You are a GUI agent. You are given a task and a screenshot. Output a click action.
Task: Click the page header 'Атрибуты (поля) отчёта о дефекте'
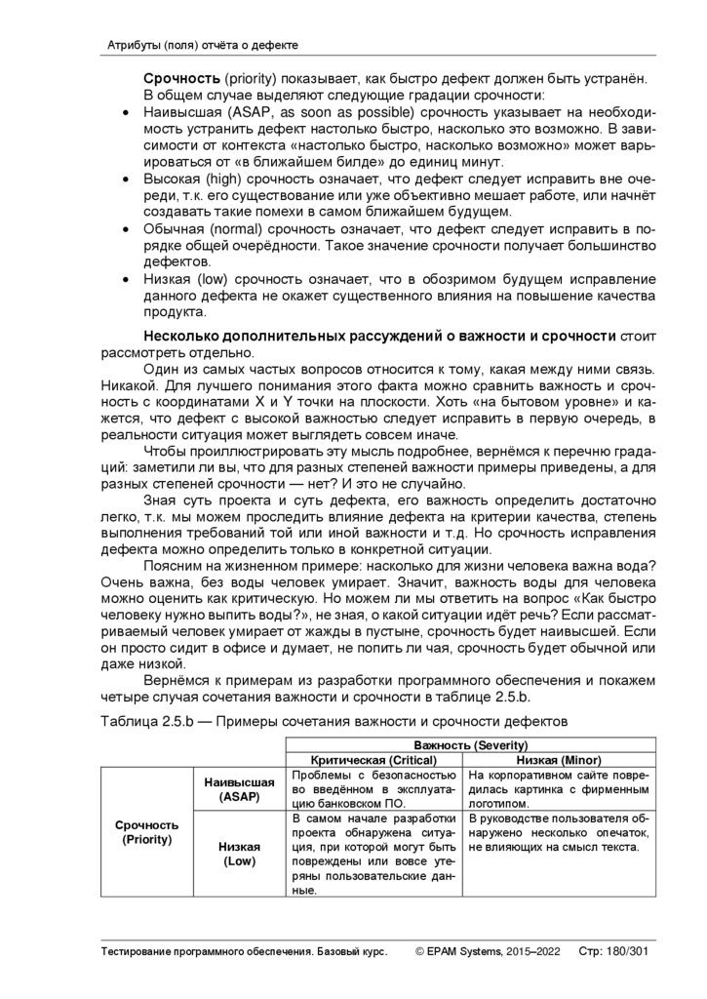pos(201,46)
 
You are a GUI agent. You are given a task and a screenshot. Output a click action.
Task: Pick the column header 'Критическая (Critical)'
pos(373,759)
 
